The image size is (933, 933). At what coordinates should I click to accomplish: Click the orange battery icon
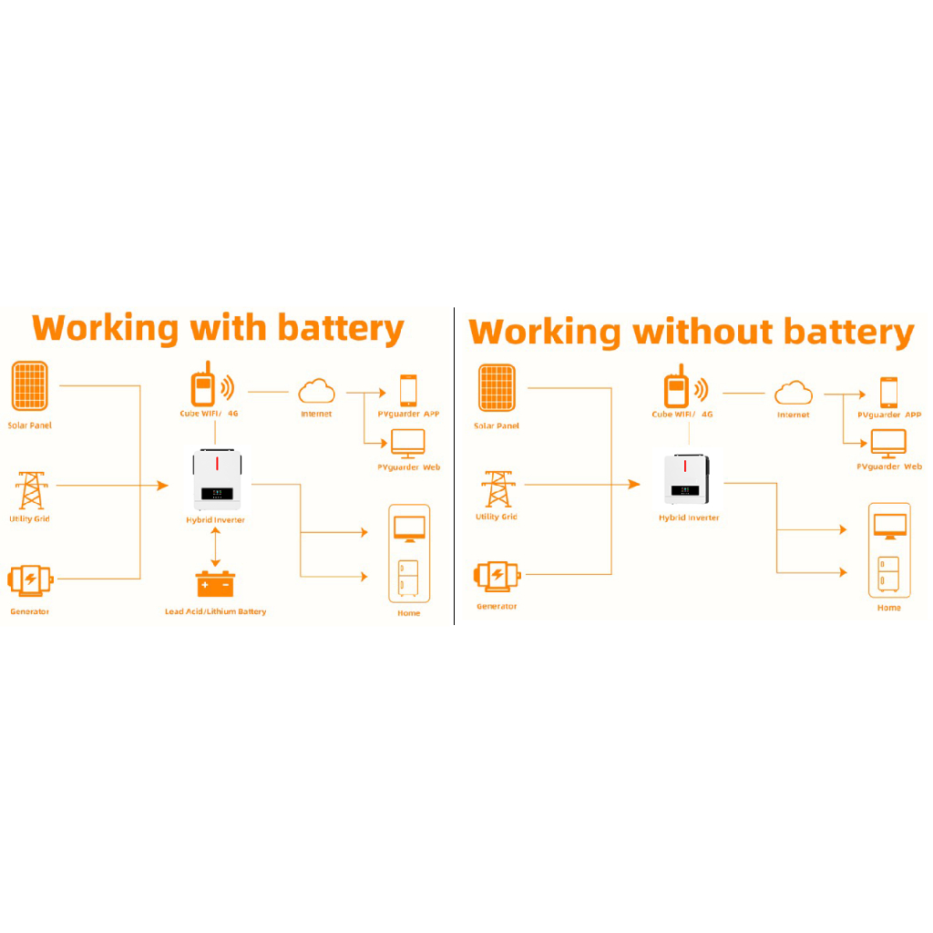(x=214, y=583)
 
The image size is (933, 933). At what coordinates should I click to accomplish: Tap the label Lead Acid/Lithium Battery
(x=216, y=611)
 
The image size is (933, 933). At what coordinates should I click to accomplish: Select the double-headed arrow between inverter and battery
(x=215, y=548)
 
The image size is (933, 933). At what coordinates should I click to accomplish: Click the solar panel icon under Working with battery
(x=30, y=386)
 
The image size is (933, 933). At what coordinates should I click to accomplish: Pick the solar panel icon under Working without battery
(x=497, y=387)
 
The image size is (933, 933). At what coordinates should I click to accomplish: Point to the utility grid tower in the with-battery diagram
(x=31, y=490)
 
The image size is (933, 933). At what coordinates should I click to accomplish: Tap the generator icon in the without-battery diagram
(x=497, y=575)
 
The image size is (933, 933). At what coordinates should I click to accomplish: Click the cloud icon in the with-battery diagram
(x=316, y=392)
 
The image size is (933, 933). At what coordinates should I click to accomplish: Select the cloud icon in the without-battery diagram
(x=793, y=393)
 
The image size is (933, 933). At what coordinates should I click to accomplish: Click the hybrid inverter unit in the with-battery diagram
(x=215, y=480)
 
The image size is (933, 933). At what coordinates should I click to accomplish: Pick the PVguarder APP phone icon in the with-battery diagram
(x=408, y=390)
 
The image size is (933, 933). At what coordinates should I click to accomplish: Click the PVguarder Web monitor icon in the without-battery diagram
(x=888, y=443)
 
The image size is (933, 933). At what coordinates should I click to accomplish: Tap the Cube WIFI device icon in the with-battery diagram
(x=202, y=387)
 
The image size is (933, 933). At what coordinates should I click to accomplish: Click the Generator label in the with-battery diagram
(x=30, y=611)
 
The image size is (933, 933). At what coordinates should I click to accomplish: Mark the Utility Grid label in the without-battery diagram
(x=497, y=517)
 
